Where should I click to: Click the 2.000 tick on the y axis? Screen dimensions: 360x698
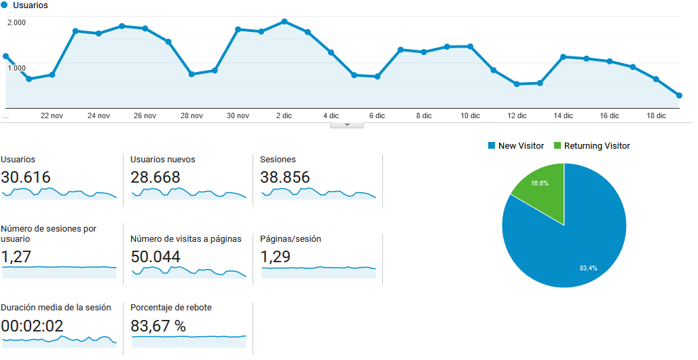(x=16, y=22)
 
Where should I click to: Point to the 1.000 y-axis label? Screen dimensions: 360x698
(x=16, y=68)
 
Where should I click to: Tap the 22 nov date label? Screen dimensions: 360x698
(x=52, y=115)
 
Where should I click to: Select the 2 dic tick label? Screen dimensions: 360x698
(x=284, y=115)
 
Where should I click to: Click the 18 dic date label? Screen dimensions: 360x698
(x=656, y=115)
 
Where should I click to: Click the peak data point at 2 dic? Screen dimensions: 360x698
(x=284, y=21)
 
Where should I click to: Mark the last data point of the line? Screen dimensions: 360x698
(x=679, y=96)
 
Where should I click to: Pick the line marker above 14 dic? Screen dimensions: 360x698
(x=563, y=56)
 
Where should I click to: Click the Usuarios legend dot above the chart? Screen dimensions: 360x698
(x=5, y=5)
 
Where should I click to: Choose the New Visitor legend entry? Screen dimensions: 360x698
(x=520, y=146)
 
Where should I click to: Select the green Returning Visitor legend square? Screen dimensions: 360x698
(x=558, y=146)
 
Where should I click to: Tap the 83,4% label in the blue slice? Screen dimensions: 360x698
(x=588, y=268)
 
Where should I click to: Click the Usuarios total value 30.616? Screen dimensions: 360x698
(x=26, y=177)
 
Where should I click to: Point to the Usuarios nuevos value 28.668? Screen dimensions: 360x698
(x=155, y=177)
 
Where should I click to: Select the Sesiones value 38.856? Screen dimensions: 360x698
(x=285, y=177)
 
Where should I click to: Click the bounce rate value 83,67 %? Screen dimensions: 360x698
(x=158, y=326)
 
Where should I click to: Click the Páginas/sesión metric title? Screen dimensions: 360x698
(x=291, y=239)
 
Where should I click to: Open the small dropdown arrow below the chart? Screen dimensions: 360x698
(x=347, y=125)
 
